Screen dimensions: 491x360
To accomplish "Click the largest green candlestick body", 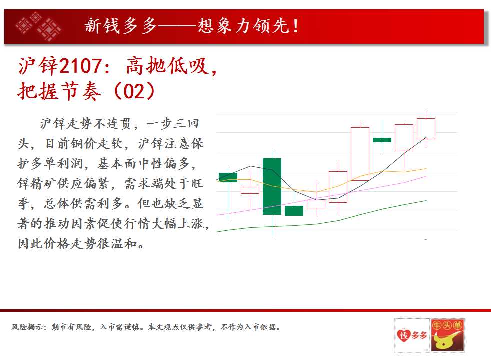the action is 272,186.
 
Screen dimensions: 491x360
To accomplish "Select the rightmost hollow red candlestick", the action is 426,128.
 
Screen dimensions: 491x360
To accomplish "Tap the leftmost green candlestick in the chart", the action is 228,177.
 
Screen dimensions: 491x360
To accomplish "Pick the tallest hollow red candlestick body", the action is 360,154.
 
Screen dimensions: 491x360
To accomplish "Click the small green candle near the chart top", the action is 382,140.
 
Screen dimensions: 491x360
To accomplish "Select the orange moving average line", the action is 321,181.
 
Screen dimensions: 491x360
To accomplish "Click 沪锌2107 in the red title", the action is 60,66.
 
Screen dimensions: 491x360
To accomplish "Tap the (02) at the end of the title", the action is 135,91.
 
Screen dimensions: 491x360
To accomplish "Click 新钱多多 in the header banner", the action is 121,26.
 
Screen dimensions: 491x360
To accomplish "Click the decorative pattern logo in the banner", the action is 39,26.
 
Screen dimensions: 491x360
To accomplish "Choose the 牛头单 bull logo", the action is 447,335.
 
